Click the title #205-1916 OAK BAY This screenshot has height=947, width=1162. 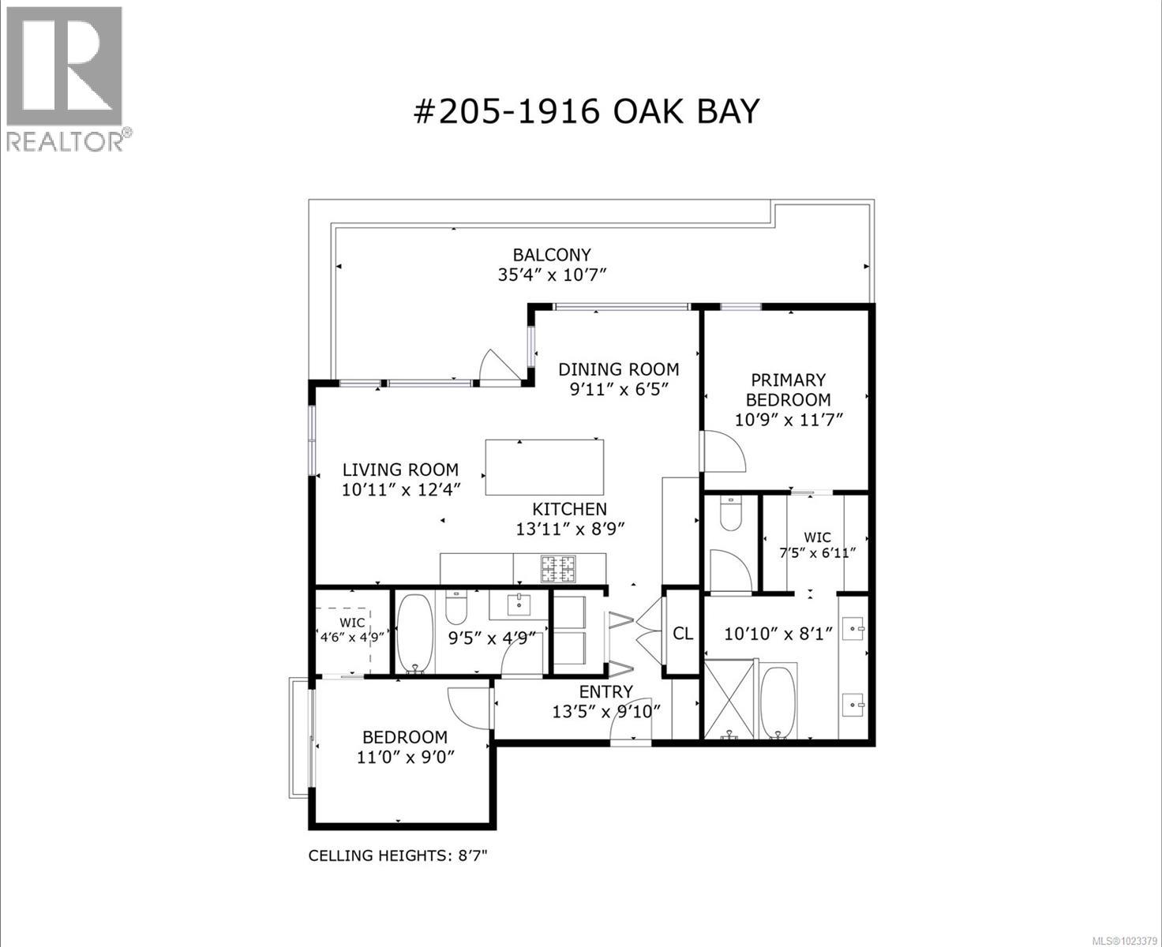[x=586, y=111]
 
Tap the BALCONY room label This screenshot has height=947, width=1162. [x=551, y=255]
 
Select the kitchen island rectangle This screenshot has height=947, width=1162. [x=544, y=467]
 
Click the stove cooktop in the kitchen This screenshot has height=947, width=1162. [x=559, y=568]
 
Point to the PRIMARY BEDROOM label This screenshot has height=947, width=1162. [x=788, y=390]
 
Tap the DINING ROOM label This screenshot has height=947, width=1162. [x=618, y=369]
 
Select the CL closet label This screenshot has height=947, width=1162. [x=683, y=634]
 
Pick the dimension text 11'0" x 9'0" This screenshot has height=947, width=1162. [x=405, y=758]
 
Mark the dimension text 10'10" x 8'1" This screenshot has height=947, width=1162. [x=779, y=634]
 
